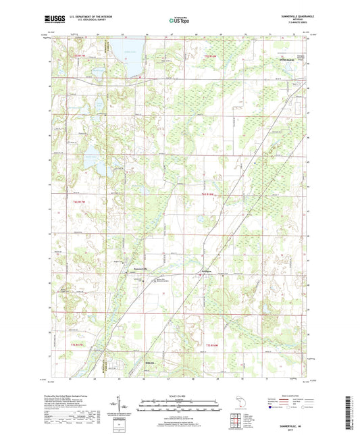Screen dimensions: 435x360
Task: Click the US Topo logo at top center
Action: [x=179, y=21]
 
